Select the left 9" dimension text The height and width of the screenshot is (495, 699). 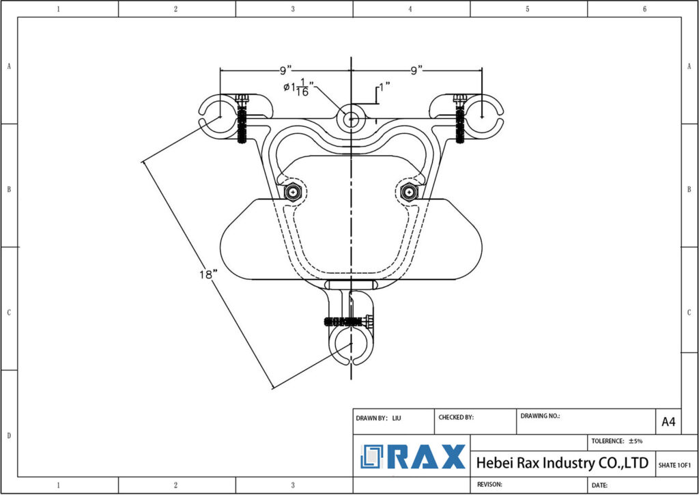(x=285, y=70)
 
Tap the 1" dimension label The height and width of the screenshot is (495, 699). (x=384, y=87)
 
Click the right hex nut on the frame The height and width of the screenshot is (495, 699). (x=408, y=192)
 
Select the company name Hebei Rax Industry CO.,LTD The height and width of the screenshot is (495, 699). (x=561, y=463)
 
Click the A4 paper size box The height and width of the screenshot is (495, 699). (x=668, y=422)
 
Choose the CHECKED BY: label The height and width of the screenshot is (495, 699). (x=455, y=417)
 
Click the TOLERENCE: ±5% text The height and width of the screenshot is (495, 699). (x=616, y=441)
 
